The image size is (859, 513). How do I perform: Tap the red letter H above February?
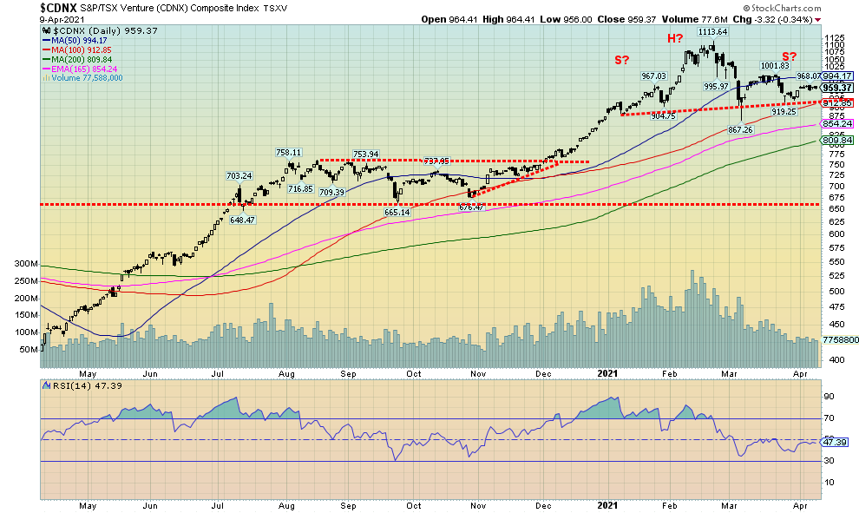[x=674, y=39]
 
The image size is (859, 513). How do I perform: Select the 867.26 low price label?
[x=739, y=129]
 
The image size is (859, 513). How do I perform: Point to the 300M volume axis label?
[x=26, y=263]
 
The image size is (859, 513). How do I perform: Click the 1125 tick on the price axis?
[x=834, y=39]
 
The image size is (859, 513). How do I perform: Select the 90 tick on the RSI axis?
[x=829, y=397]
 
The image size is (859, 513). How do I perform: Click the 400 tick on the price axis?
[x=830, y=359]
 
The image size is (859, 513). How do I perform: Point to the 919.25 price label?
[x=784, y=112]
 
